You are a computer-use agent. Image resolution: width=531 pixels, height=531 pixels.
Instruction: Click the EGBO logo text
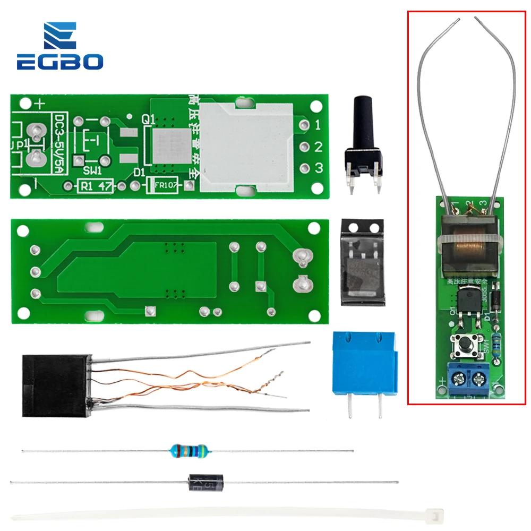[59, 62]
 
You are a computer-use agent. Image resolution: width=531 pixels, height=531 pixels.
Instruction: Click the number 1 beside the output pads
[318, 126]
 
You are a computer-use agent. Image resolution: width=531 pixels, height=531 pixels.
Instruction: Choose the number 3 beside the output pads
[319, 168]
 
